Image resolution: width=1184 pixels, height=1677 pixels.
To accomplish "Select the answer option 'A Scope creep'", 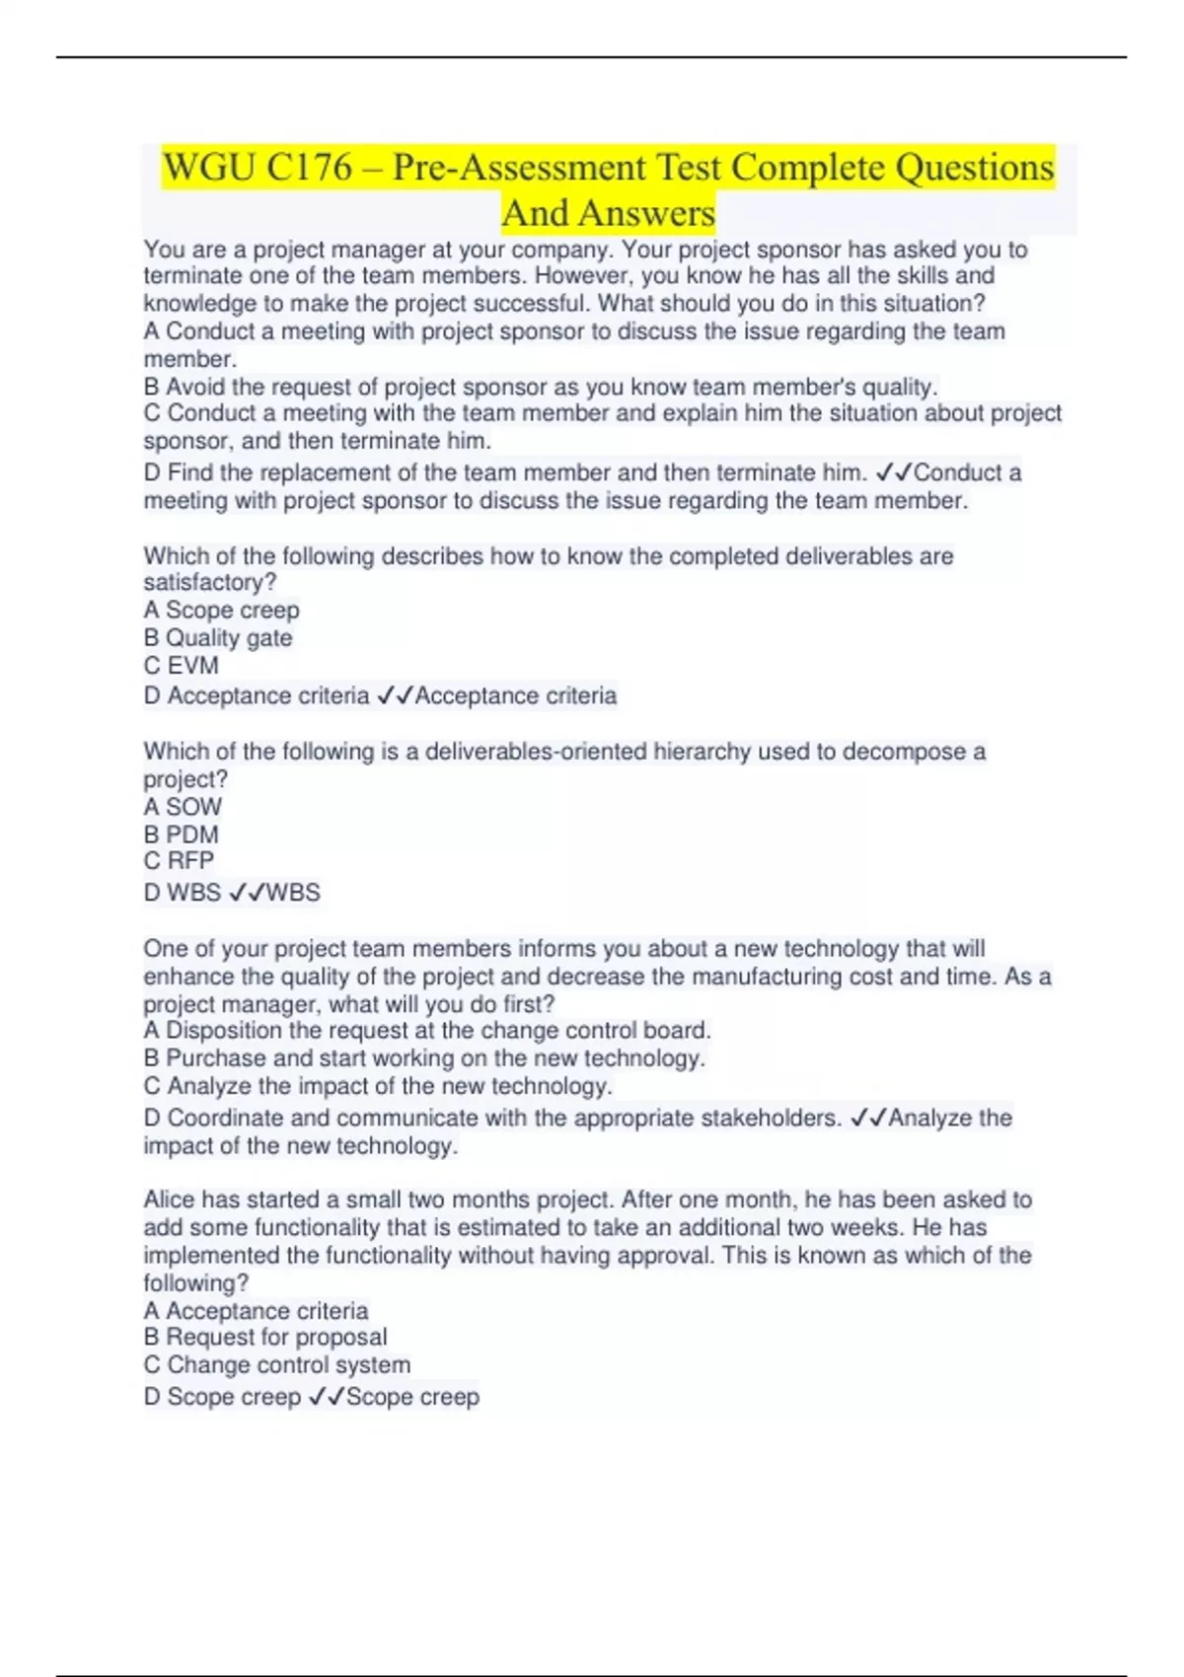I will coord(221,611).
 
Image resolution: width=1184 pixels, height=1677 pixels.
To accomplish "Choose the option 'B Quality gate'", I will coord(218,638).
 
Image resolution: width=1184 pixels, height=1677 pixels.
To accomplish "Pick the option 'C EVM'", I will coord(182,666).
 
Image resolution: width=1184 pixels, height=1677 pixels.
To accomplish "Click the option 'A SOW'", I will coord(183,807).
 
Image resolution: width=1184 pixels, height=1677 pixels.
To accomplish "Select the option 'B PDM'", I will coord(182,835).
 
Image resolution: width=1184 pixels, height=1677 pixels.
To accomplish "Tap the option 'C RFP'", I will coord(179,861).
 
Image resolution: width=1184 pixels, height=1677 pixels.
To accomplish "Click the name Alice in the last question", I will coord(169,1201).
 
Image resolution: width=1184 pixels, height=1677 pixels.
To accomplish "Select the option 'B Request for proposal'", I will coord(265,1338).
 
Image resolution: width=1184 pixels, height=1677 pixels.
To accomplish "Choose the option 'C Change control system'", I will coord(277,1365).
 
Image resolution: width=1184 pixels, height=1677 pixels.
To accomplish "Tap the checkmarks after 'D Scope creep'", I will coord(327,1397).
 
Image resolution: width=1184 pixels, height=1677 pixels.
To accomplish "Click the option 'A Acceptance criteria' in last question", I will coord(256,1311).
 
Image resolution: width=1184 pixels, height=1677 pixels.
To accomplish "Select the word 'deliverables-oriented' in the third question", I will coord(533,752).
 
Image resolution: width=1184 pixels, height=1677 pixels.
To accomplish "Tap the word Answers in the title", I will coord(646,214).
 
